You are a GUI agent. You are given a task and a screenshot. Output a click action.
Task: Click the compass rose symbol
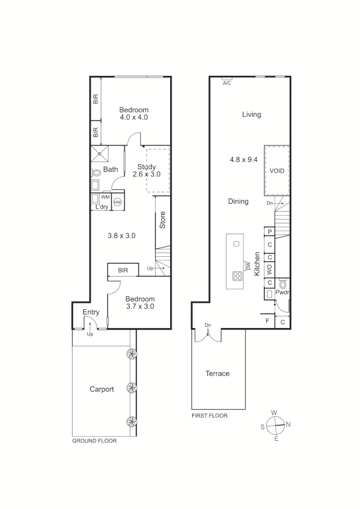(x=276, y=426)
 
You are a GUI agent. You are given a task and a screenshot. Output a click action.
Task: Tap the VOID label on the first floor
(x=277, y=171)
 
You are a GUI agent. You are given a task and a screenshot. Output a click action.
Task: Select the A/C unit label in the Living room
(x=227, y=83)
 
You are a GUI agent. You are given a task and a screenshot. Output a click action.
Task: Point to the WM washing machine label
(x=105, y=197)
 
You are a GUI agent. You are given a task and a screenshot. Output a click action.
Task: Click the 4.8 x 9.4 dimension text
(x=244, y=159)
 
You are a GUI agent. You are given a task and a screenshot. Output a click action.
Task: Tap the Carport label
(x=102, y=389)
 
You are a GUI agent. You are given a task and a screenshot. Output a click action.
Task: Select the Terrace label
(x=217, y=373)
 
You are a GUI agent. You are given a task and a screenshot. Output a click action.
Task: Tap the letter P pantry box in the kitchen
(x=270, y=231)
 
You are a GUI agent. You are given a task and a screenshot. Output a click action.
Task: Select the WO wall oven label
(x=270, y=270)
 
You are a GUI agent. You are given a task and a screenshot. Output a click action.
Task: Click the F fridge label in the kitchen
(x=268, y=321)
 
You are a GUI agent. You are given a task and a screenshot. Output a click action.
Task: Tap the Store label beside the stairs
(x=163, y=221)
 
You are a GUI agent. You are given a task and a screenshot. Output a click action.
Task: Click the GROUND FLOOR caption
(x=94, y=441)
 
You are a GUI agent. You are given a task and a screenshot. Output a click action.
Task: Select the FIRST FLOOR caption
(x=209, y=416)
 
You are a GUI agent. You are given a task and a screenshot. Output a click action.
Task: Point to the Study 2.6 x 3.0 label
(x=146, y=170)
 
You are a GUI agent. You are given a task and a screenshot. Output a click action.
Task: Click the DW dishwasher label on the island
(x=247, y=266)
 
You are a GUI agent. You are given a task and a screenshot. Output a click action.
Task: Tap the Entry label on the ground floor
(x=91, y=312)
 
